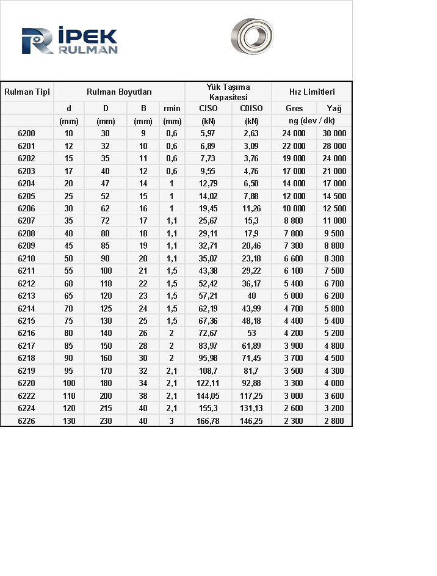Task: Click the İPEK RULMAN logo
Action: click(69, 41)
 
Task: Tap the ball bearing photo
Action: click(252, 36)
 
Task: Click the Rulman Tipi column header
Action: click(27, 92)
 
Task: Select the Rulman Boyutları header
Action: click(119, 92)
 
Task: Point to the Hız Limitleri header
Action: click(312, 92)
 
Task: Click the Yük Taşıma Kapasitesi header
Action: click(228, 92)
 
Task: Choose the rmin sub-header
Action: click(172, 109)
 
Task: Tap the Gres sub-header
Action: click(294, 109)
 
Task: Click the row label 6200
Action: click(27, 133)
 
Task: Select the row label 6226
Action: click(27, 421)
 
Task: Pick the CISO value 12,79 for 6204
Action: click(208, 183)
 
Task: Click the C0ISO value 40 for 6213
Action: click(251, 296)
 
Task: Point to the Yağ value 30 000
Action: click(334, 133)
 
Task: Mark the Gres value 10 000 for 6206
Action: click(294, 208)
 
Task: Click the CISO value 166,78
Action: click(208, 421)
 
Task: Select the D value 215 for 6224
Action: click(106, 408)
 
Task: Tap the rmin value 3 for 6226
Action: click(172, 421)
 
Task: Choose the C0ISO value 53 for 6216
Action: click(251, 334)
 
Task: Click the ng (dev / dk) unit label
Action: click(312, 121)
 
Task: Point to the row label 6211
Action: click(27, 271)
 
